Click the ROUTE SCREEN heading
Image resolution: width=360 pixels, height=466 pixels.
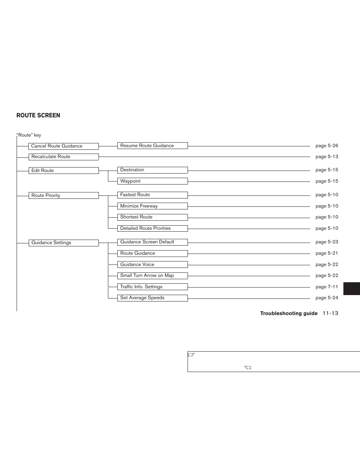[38, 115]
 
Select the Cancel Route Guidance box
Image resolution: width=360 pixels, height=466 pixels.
[63, 146]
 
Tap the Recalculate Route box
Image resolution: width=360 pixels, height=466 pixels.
[63, 157]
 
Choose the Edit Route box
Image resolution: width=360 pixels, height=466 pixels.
[63, 171]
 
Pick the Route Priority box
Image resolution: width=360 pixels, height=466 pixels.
[63, 195]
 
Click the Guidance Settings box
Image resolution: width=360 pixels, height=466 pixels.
[63, 243]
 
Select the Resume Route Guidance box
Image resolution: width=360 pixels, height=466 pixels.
[152, 146]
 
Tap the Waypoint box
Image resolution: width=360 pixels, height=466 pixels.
[152, 181]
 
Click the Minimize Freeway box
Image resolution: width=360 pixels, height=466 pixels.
[152, 206]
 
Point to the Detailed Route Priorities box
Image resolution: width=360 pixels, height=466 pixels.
[152, 228]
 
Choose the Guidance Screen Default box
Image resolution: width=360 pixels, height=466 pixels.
[152, 242]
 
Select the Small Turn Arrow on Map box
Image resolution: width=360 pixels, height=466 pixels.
[152, 275]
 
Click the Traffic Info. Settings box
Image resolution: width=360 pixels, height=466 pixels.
[152, 287]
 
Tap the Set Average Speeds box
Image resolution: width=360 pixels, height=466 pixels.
[152, 298]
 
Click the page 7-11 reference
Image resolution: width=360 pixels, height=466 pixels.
[327, 287]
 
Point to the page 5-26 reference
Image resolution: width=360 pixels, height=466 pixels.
[327, 146]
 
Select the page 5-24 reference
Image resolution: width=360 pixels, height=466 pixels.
[327, 298]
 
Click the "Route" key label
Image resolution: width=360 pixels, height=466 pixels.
[29, 135]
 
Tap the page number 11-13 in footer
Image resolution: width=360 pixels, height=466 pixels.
[330, 313]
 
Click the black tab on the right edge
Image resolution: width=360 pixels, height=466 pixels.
[352, 288]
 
